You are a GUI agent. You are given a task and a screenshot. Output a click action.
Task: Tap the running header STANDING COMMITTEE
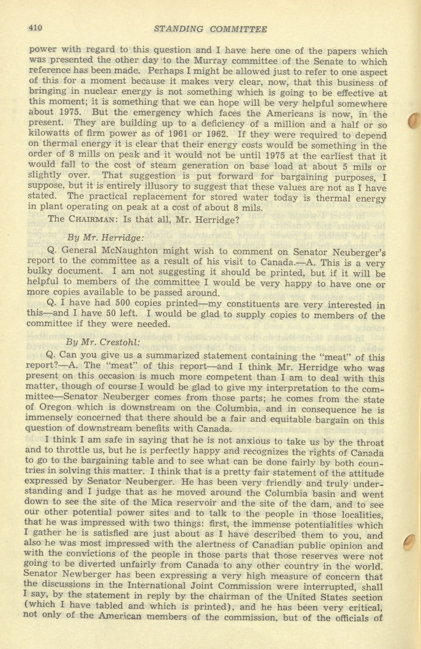pos(210,29)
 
